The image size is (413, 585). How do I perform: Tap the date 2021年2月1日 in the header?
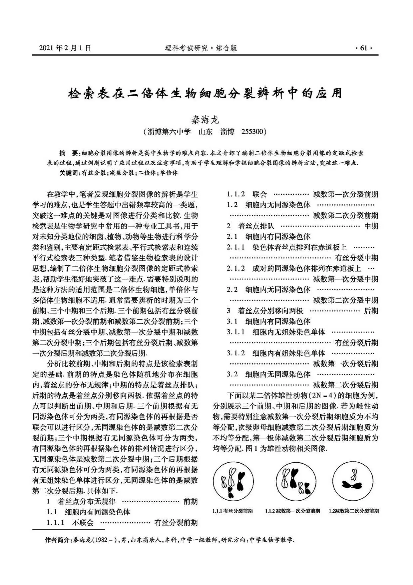[65, 48]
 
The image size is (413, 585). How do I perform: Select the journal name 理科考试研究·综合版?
[201, 48]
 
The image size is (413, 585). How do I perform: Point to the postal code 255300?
[252, 132]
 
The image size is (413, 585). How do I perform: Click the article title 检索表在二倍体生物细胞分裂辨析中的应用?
[205, 93]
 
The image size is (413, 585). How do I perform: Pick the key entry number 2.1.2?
[236, 268]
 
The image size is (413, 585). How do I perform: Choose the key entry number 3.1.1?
[236, 332]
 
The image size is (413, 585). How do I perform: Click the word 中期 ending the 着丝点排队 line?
[371, 226]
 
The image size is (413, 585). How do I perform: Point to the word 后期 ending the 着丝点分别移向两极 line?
[371, 311]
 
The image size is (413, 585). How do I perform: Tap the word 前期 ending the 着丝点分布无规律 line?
[191, 501]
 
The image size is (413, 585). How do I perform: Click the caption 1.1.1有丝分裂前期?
[232, 511]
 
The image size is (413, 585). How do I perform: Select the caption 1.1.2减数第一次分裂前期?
[292, 511]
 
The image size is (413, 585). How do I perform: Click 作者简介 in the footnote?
[58, 540]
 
